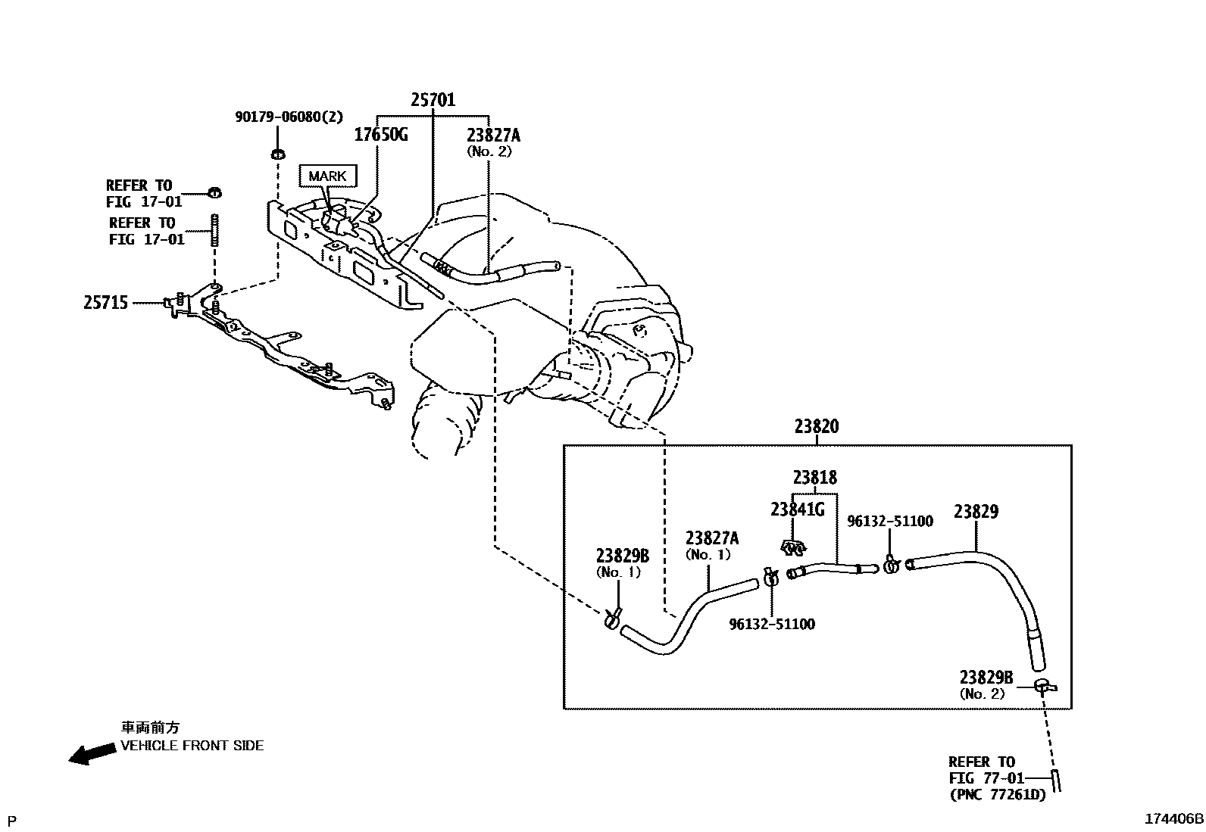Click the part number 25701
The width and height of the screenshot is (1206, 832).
coord(433,99)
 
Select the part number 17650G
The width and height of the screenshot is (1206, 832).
coord(381,135)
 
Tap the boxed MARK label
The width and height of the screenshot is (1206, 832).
coord(327,176)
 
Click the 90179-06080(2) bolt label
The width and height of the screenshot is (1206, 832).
coord(289,117)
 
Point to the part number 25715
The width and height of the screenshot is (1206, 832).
coord(105,303)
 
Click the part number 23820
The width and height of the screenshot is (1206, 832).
coord(817,426)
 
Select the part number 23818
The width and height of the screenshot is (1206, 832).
coord(815,478)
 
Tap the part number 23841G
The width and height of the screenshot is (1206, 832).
coord(797,509)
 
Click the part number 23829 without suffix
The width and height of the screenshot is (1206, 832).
coord(976,512)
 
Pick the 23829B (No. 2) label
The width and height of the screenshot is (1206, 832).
coord(986,684)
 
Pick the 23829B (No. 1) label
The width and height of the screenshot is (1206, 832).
coord(623,563)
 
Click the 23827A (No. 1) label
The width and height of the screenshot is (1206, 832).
coord(711,545)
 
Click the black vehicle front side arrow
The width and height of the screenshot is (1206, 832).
coord(88,753)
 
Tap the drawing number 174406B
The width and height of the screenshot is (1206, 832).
coord(1173,818)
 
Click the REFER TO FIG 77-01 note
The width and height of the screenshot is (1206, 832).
coord(986,777)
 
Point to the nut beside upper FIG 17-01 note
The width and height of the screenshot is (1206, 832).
coord(214,192)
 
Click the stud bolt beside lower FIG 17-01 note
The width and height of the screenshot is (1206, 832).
coord(215,230)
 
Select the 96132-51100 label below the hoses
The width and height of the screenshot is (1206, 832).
coord(772,625)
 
